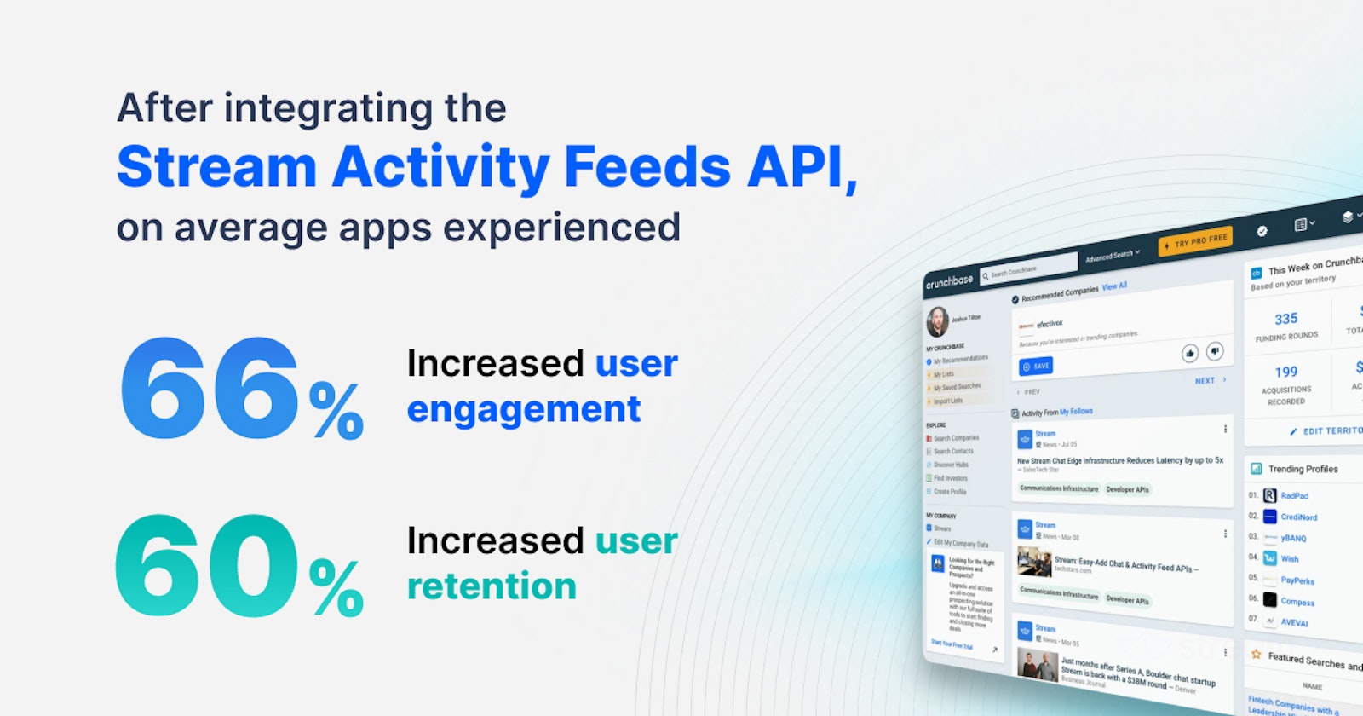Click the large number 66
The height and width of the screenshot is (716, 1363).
(x=210, y=388)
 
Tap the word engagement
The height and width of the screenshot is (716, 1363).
(x=523, y=410)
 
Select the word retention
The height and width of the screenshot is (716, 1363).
(x=492, y=586)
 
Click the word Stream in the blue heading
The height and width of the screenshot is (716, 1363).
(x=216, y=166)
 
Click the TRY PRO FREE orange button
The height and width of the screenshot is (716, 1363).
(x=1195, y=241)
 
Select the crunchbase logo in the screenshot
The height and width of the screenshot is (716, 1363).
(x=949, y=281)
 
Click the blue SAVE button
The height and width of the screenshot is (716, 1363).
(x=1036, y=366)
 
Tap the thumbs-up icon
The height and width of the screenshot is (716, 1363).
(x=1190, y=352)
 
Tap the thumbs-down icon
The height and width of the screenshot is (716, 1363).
(x=1216, y=349)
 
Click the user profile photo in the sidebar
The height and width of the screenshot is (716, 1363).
(x=937, y=320)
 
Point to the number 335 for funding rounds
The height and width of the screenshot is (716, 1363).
(x=1285, y=319)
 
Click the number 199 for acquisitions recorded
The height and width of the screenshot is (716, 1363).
(x=1285, y=372)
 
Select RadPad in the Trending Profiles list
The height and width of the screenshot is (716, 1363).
(x=1294, y=495)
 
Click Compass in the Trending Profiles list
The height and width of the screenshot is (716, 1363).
(x=1297, y=602)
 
